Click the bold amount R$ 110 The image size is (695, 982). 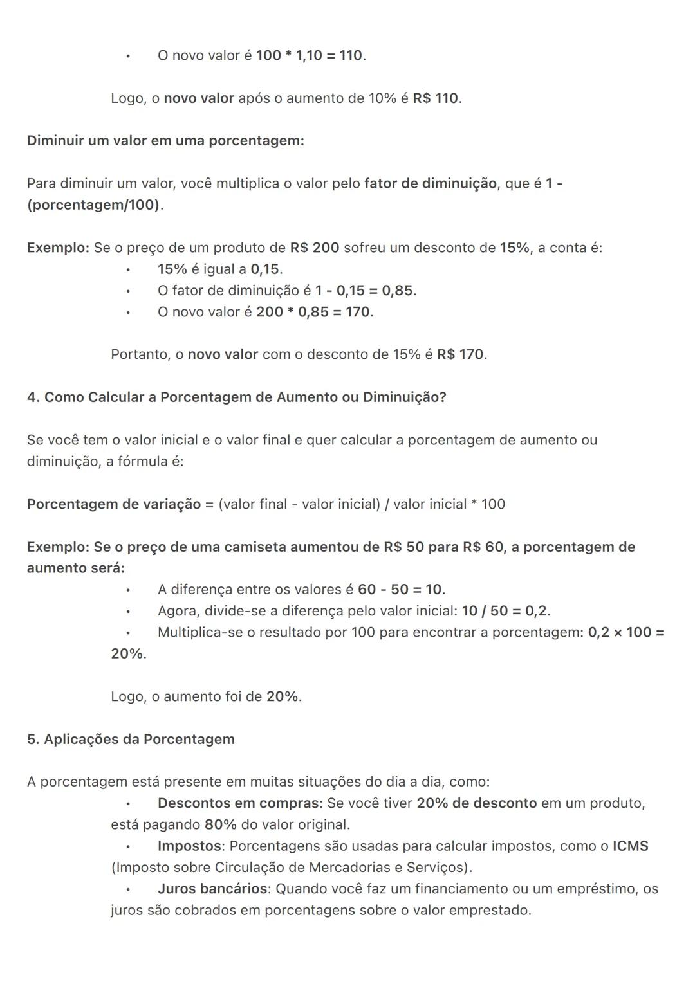(436, 98)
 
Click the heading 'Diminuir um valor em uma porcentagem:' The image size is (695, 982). (165, 141)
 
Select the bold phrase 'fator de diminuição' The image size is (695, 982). (431, 184)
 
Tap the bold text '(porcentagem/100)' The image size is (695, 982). (93, 205)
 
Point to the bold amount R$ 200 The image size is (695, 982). (315, 248)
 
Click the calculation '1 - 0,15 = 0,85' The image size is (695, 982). (364, 291)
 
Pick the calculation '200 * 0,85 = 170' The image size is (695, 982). (313, 313)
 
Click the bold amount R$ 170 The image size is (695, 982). (461, 355)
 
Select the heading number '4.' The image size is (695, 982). (33, 397)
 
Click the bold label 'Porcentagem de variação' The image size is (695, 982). (114, 504)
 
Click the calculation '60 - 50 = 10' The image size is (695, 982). (400, 590)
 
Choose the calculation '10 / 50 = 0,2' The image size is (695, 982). (505, 611)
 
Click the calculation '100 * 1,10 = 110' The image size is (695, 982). (310, 56)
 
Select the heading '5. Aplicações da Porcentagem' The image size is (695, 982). (131, 740)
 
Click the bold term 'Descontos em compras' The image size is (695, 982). (239, 804)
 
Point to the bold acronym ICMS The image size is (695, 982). (631, 846)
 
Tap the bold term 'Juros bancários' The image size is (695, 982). (212, 889)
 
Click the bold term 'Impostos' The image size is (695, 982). (189, 846)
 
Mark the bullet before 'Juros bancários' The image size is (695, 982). (128, 890)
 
